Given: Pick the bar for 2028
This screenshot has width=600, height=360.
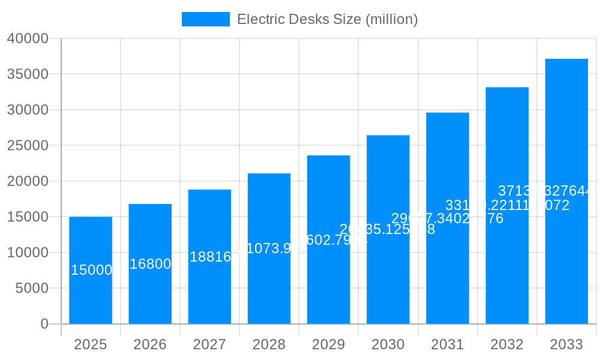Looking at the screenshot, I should click(269, 282).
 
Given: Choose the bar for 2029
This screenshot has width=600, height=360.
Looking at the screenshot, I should click(328, 276).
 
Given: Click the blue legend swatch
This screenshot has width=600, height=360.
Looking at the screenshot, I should click(206, 19).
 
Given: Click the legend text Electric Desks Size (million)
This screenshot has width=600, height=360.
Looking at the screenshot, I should click(327, 19).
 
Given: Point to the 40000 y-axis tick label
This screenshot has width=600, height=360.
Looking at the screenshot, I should click(28, 38).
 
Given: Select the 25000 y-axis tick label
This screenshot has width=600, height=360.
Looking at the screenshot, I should click(28, 145).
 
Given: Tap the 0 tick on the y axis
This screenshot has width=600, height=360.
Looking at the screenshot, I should click(44, 324).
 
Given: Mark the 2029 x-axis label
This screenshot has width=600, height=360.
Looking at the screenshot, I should click(328, 344).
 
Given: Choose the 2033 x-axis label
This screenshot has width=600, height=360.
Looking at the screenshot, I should click(566, 344).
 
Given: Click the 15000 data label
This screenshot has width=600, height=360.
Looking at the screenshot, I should click(91, 270).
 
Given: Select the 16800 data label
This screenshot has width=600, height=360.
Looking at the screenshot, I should click(150, 264).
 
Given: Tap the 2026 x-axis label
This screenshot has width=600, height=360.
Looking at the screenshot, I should click(150, 344).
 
